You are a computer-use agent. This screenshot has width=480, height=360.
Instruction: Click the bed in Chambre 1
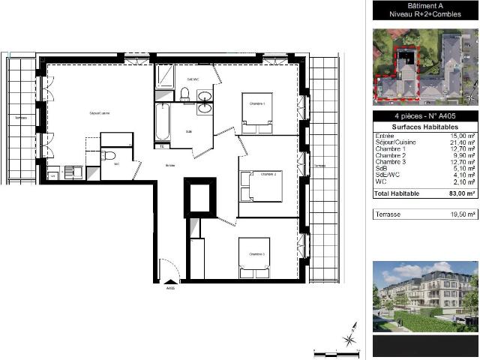click(x=256, y=112)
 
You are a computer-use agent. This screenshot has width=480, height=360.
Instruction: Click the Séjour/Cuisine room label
click(x=100, y=112)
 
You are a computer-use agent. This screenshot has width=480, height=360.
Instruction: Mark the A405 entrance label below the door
click(x=170, y=289)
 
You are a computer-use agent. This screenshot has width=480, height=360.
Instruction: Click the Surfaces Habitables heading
click(x=425, y=127)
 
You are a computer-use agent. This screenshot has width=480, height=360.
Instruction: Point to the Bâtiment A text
click(x=425, y=4)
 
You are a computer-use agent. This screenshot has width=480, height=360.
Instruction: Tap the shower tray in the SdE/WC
click(x=165, y=77)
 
